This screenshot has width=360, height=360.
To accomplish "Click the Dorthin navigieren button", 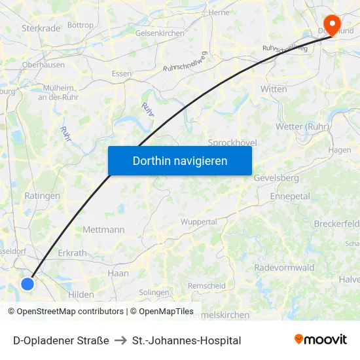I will (x=179, y=160).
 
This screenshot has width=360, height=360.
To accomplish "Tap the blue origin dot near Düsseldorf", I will (x=27, y=283).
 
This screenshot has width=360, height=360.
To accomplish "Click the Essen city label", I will (x=122, y=74).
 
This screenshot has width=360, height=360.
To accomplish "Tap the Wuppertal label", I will (x=198, y=222).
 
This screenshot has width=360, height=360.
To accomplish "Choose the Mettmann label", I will (x=103, y=230).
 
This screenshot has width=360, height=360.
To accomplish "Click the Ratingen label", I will (x=42, y=196).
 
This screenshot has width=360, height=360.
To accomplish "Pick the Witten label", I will (x=274, y=89).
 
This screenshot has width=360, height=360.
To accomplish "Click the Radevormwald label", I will (x=284, y=268).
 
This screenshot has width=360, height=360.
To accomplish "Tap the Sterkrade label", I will (x=41, y=28).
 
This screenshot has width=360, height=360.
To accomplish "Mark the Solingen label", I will (x=154, y=292).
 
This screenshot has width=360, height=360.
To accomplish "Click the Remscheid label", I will (x=206, y=286).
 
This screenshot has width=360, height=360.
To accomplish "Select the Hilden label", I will (x=81, y=295).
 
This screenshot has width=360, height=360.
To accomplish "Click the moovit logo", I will (x=320, y=340).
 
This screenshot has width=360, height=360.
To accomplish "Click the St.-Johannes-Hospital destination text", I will (x=187, y=340).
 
